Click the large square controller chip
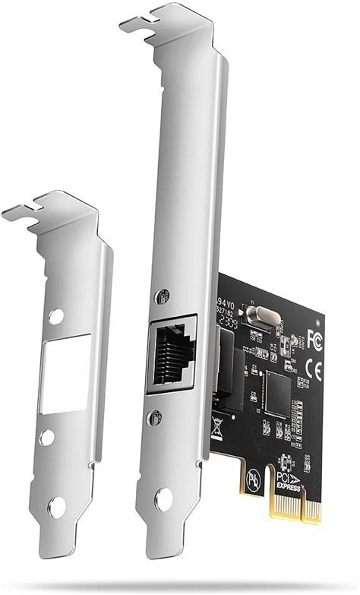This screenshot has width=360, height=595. pyautogui.click(x=277, y=393)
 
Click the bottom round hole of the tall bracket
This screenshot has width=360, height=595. pyautogui.click(x=162, y=498)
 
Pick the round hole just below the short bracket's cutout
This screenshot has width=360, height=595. pyautogui.click(x=48, y=438)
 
